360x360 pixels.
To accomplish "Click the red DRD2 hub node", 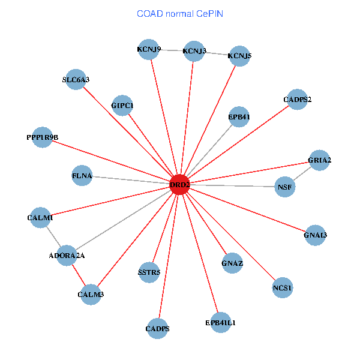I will (179, 185).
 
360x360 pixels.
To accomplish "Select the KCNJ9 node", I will (148, 49).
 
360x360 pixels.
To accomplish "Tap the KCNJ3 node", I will (194, 51).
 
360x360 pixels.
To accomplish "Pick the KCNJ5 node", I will (239, 56).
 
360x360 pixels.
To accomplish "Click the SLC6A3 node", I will (76, 79).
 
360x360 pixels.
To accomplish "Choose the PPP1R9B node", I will (42, 137).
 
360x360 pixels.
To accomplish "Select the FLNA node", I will (82, 176).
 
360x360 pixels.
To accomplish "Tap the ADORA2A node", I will (67, 256).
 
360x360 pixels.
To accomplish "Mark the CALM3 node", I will (91, 294).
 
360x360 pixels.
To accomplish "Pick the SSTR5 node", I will (149, 273).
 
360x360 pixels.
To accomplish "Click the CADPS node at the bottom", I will (157, 328).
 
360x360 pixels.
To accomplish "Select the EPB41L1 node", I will (220, 323).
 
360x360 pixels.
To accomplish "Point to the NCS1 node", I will (282, 288).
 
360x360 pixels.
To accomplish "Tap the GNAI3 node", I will (316, 235).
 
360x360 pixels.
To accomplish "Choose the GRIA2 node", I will (319, 160).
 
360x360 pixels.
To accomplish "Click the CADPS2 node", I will (297, 99).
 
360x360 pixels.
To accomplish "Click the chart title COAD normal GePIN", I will (180, 13).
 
